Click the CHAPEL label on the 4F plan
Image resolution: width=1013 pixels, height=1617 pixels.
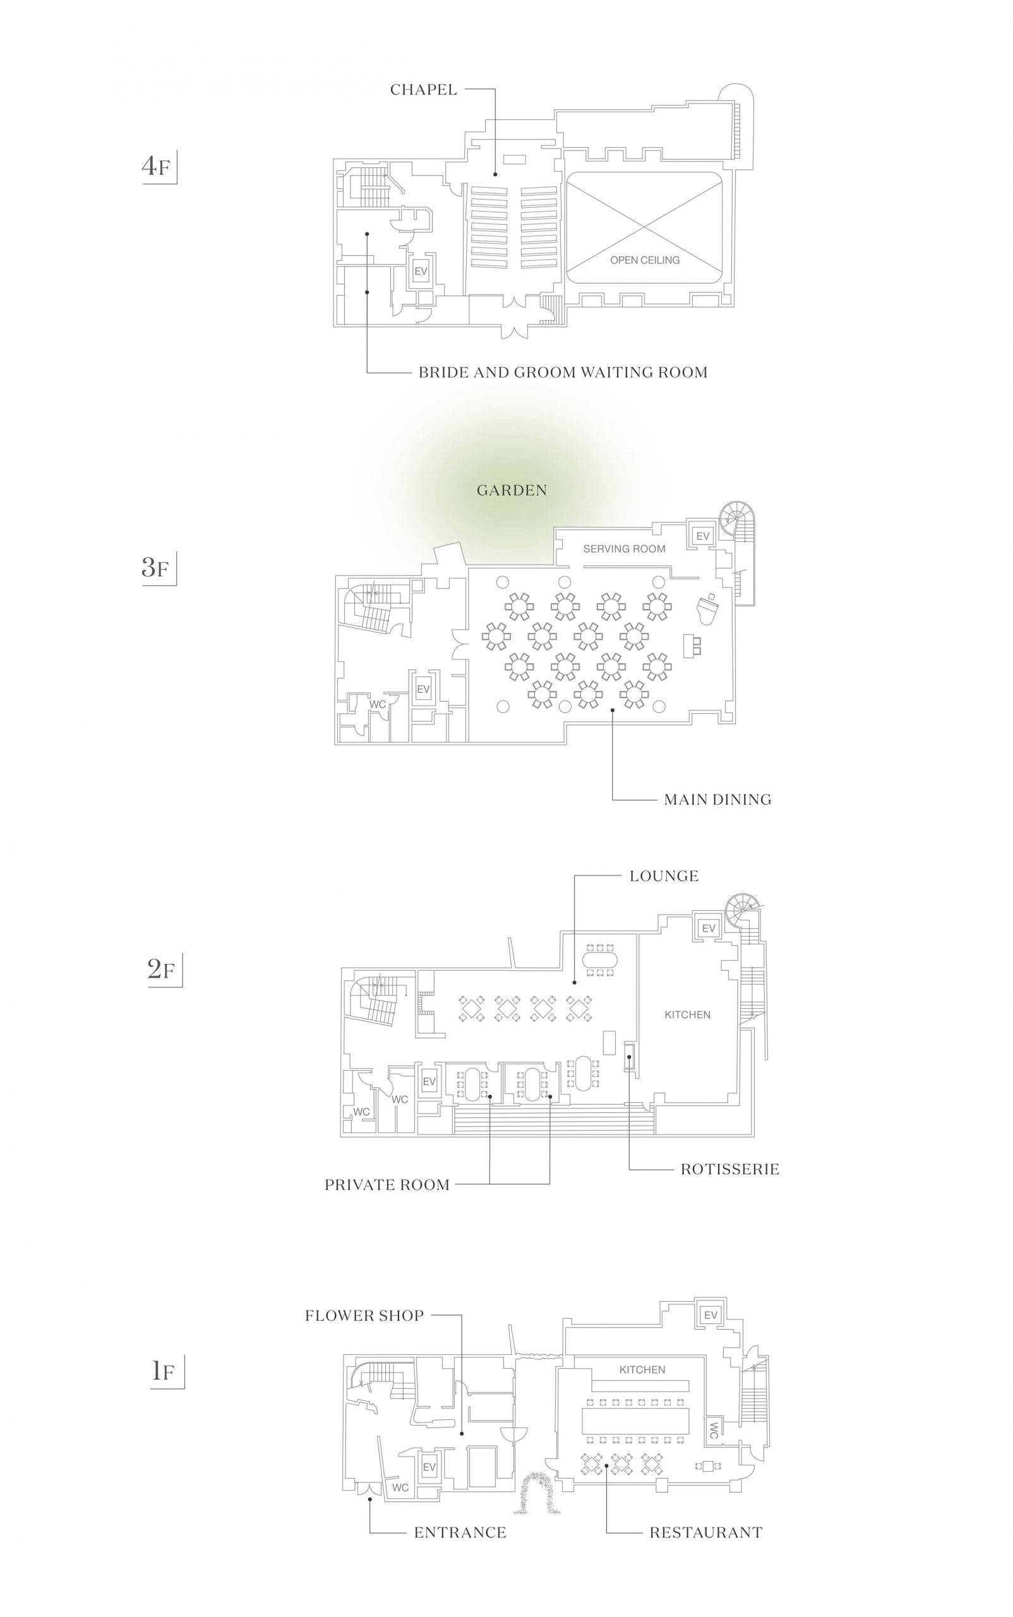423,89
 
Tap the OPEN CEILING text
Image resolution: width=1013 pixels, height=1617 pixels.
645,260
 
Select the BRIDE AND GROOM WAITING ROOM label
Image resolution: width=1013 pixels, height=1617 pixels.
563,372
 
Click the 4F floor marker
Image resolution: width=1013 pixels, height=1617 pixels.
157,165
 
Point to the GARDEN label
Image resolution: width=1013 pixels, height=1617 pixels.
512,490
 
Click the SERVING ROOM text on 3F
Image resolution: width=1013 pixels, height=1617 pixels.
625,549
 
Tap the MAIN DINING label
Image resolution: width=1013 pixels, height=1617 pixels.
717,800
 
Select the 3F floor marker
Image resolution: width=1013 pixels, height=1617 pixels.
157,568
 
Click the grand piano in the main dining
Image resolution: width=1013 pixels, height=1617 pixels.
708,607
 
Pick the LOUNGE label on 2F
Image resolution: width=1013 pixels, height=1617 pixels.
664,876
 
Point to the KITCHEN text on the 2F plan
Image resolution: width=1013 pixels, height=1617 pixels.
687,1014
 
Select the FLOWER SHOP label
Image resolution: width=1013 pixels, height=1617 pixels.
364,1316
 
